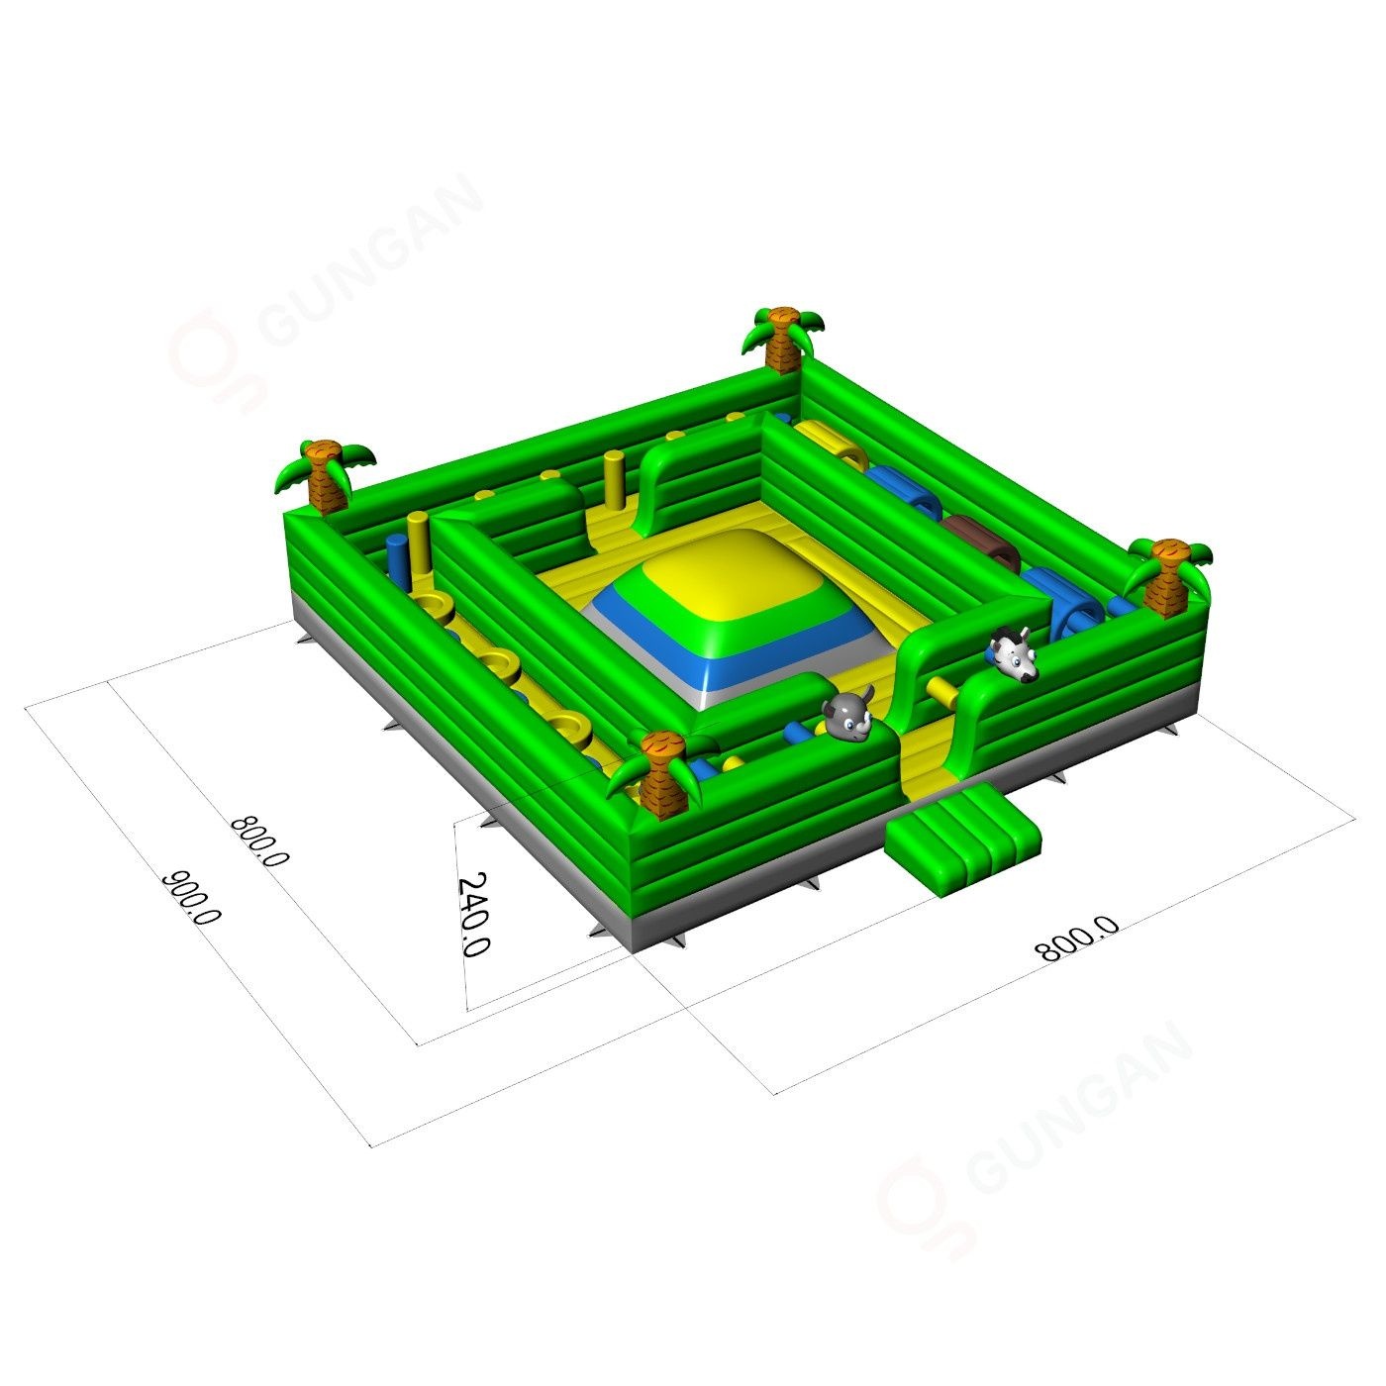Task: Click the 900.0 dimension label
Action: click(191, 898)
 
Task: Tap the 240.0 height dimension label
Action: click(472, 914)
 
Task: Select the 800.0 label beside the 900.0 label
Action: click(260, 841)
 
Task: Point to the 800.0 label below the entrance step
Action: click(1077, 939)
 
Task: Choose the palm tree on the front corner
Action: click(661, 775)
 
